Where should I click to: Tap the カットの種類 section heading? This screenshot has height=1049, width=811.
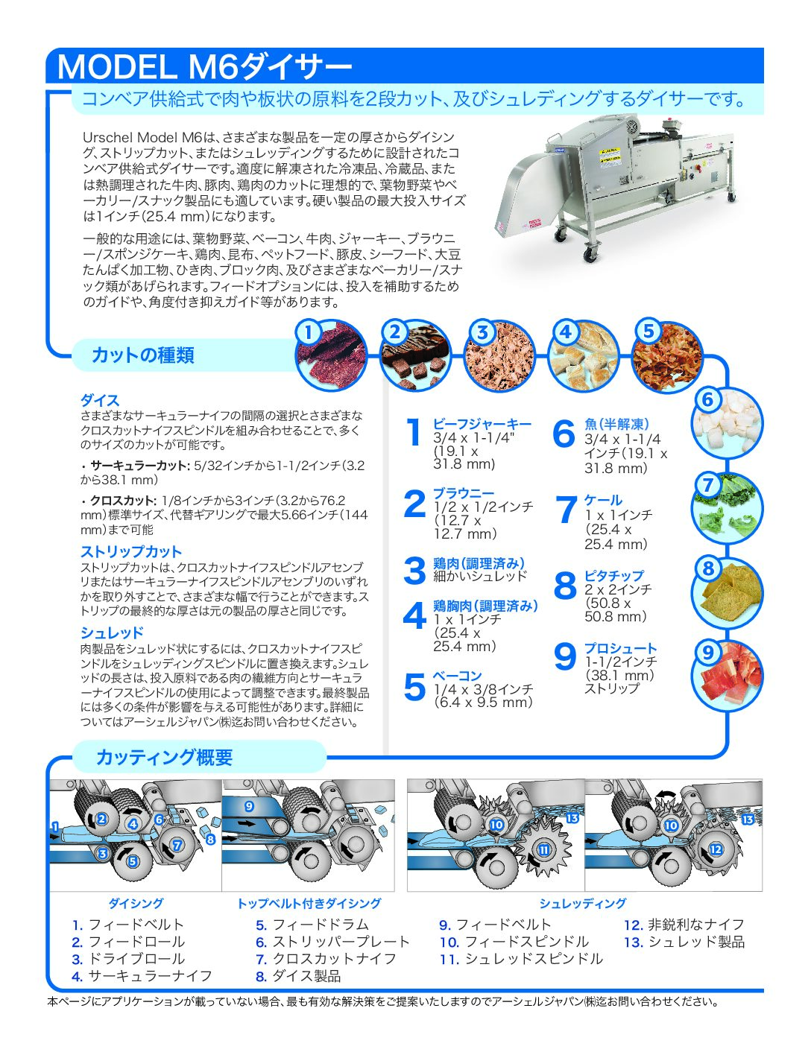pyautogui.click(x=142, y=355)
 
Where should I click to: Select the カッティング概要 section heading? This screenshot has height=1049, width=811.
pyautogui.click(x=164, y=758)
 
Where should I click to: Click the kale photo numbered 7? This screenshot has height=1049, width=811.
pyautogui.click(x=726, y=509)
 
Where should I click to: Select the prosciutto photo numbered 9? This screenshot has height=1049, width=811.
pyautogui.click(x=727, y=675)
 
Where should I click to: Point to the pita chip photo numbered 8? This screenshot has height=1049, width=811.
pyautogui.click(x=727, y=592)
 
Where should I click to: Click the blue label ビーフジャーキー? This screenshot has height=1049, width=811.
pyautogui.click(x=482, y=424)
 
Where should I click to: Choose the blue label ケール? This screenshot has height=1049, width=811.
pyautogui.click(x=602, y=500)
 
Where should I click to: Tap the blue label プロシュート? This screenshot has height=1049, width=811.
pyautogui.click(x=620, y=648)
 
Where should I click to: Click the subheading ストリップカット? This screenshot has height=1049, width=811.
pyautogui.click(x=131, y=552)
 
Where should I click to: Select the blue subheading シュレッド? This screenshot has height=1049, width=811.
pyautogui.click(x=112, y=633)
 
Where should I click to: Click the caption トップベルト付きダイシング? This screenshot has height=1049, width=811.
pyautogui.click(x=309, y=904)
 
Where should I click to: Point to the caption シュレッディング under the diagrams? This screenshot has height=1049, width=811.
pyautogui.click(x=583, y=904)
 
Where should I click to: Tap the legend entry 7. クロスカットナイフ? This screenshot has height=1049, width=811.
pyautogui.click(x=326, y=959)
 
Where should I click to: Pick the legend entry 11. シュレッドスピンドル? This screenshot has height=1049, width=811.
pyautogui.click(x=520, y=959)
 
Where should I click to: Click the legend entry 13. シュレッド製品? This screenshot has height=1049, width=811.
pyautogui.click(x=684, y=942)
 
